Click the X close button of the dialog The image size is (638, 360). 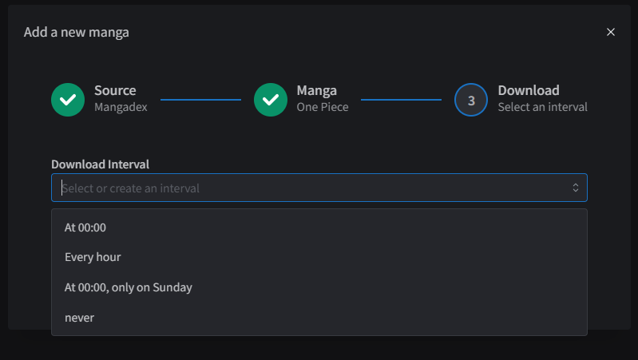(x=610, y=32)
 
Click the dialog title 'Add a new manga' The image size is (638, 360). (x=77, y=32)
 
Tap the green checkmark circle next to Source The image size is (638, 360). (x=68, y=100)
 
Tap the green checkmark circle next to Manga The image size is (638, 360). (x=271, y=100)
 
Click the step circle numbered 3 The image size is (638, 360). (x=471, y=100)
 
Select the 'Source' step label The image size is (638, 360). (x=115, y=90)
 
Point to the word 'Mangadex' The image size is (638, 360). (x=121, y=107)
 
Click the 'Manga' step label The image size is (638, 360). (x=316, y=91)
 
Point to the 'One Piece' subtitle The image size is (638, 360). (x=323, y=107)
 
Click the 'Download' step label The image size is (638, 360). (x=529, y=90)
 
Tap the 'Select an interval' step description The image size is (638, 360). (x=543, y=107)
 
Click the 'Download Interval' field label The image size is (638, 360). (x=100, y=164)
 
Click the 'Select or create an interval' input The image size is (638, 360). (x=319, y=188)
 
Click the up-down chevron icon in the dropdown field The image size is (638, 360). (x=576, y=188)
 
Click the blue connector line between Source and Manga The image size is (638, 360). (x=200, y=100)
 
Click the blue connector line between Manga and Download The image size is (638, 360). (x=401, y=100)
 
